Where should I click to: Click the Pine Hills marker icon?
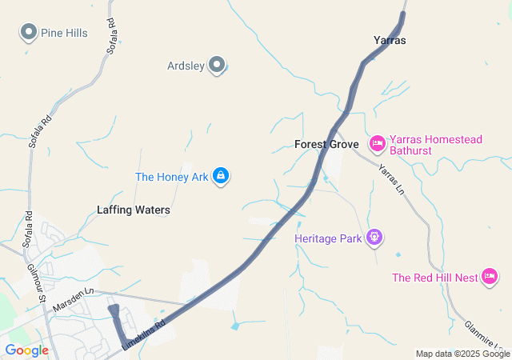tap(29, 33)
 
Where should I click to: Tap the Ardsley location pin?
tap(217, 66)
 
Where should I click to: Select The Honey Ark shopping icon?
tap(222, 176)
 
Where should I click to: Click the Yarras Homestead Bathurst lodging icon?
tap(377, 144)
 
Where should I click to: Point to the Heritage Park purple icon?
tap(374, 238)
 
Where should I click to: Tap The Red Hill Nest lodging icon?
tap(490, 278)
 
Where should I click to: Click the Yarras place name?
tap(390, 39)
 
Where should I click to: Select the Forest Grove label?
tap(326, 144)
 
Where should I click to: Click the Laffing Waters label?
tap(134, 210)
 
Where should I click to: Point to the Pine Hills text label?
tap(66, 33)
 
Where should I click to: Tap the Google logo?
tap(26, 350)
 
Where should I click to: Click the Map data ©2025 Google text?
tap(462, 354)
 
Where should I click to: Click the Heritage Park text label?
tap(329, 238)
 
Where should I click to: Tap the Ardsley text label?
tap(186, 66)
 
